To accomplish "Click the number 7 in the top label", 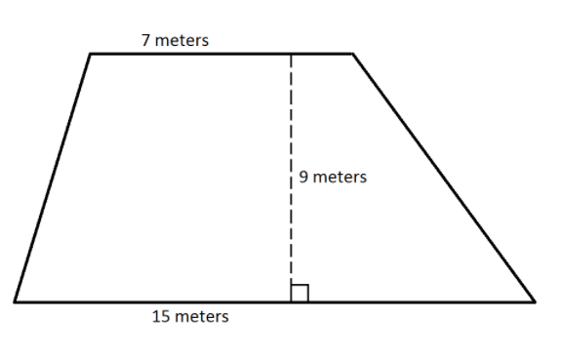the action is (145, 40).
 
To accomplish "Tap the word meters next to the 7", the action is (181, 40).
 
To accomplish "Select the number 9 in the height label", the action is (303, 178).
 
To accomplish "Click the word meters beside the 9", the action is (340, 178).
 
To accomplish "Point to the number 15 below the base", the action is (161, 317).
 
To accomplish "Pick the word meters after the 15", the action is (202, 317).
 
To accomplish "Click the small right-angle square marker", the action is (300, 293).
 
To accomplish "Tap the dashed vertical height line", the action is (292, 178).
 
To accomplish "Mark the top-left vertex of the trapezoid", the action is (90, 54).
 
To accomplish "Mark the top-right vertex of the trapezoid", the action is (353, 54).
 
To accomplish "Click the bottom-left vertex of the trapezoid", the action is (15, 302).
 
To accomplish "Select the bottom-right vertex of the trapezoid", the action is (536, 302).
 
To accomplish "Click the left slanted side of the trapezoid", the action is (53, 178).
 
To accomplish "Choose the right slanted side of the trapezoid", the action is (444, 178).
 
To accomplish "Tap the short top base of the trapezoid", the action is (221, 54).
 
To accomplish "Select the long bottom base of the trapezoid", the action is (275, 302).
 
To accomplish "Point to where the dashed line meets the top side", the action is (292, 55).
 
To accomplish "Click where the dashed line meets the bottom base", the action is (292, 302).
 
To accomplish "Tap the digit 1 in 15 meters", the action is (156, 317).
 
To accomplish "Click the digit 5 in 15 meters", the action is (165, 317).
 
